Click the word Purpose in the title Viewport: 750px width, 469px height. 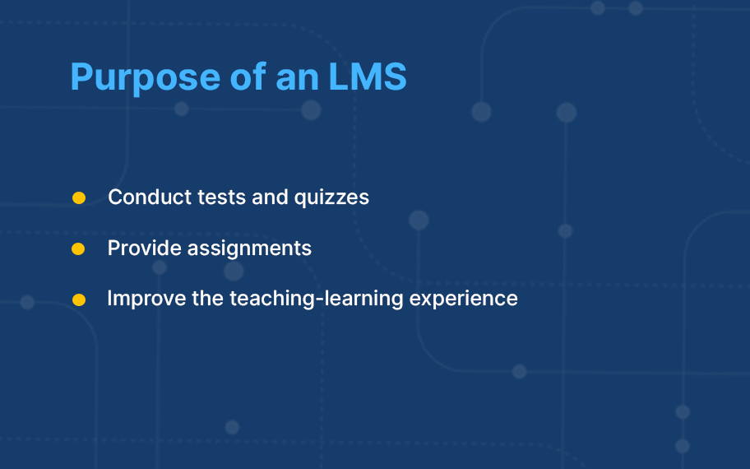pyautogui.click(x=146, y=77)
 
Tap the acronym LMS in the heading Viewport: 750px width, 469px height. pyautogui.click(x=368, y=76)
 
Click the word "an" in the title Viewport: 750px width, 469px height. pyautogui.click(x=297, y=80)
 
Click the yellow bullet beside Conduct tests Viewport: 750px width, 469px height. pyautogui.click(x=79, y=197)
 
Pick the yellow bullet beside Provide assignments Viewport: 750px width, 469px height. pyautogui.click(x=78, y=248)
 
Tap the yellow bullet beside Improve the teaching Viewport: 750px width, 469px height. pyautogui.click(x=79, y=300)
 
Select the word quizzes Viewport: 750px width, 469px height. pyautogui.click(x=331, y=198)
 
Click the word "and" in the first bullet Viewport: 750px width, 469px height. pyautogui.click(x=270, y=197)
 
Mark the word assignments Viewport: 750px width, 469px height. pyautogui.click(x=249, y=248)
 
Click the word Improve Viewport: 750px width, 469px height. pyautogui.click(x=146, y=300)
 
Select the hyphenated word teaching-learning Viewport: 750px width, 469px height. pyautogui.click(x=317, y=300)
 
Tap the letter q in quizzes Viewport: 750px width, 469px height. pyautogui.click(x=301, y=200)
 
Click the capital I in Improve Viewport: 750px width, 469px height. pyautogui.click(x=109, y=298)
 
